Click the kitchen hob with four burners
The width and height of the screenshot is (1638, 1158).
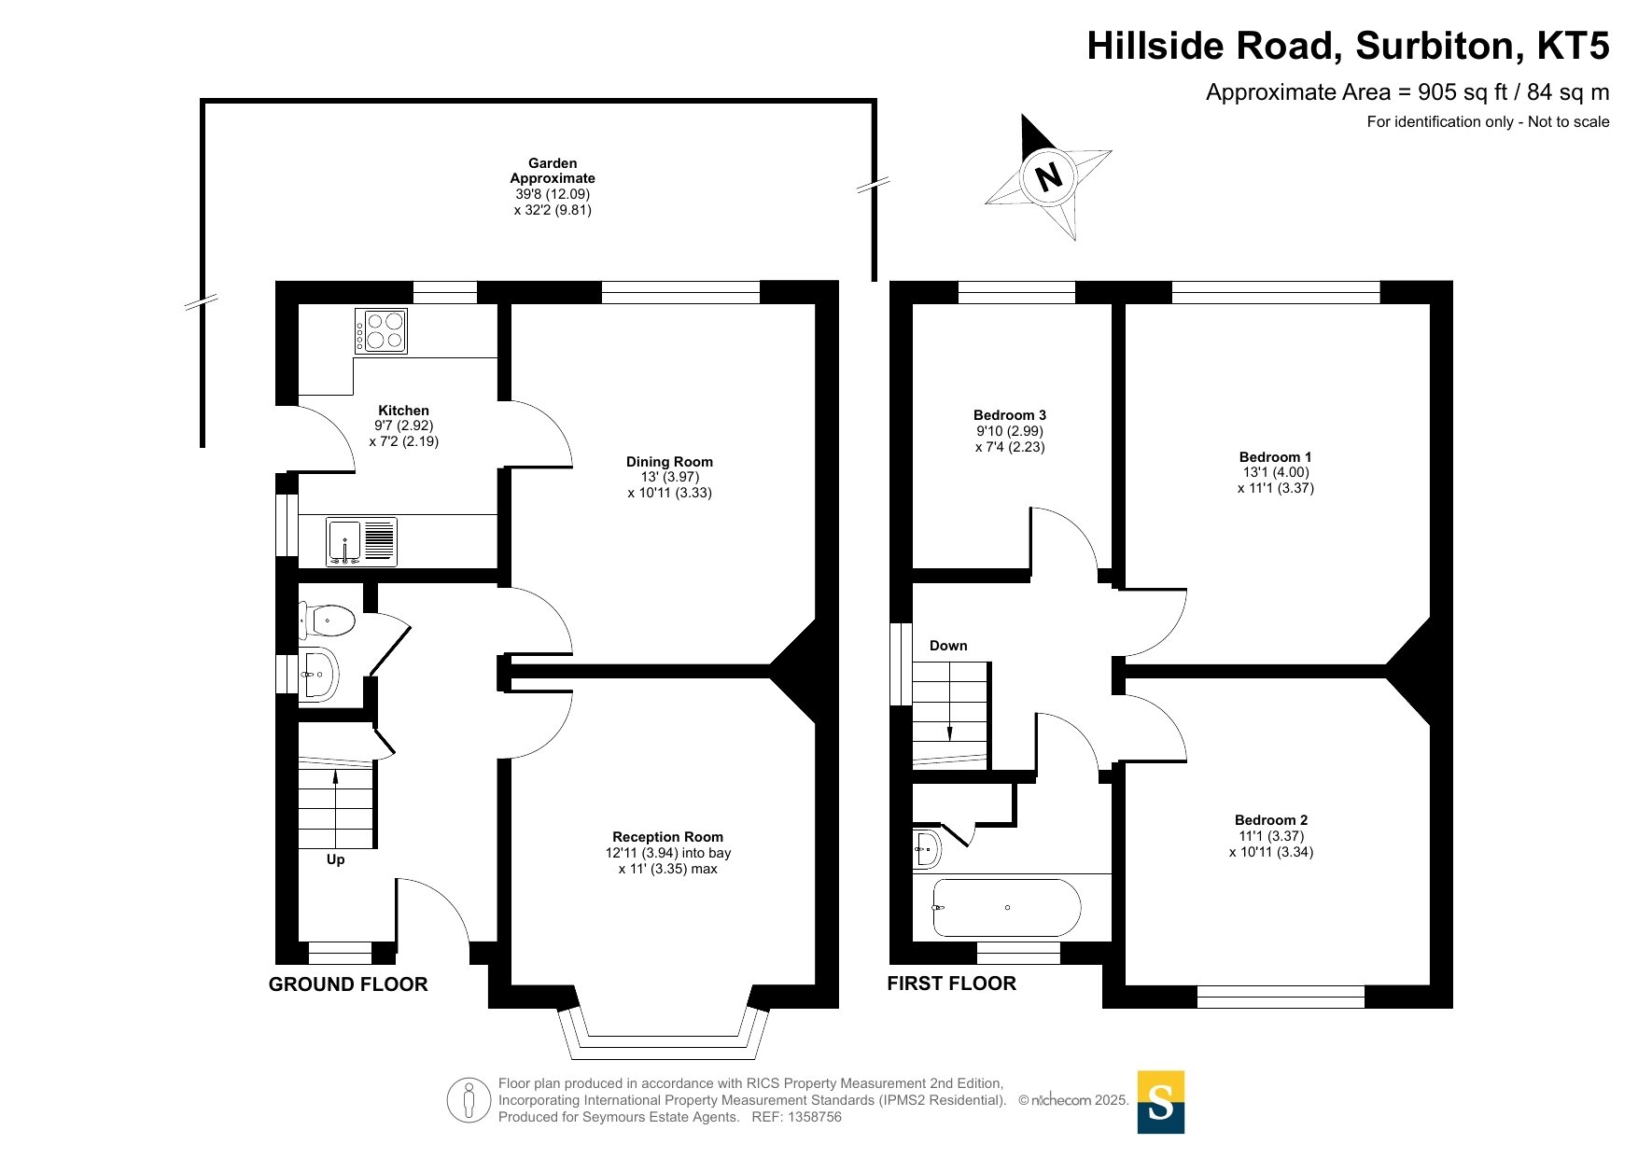381,330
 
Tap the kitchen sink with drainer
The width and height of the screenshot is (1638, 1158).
361,542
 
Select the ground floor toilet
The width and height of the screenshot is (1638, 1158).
327,619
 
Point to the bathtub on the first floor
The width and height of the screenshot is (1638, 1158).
1006,907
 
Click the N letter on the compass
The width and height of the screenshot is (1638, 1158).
1049,176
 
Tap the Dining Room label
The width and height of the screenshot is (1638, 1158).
669,461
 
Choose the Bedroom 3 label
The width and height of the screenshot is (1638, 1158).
1010,415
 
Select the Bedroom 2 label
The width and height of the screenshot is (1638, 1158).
1271,820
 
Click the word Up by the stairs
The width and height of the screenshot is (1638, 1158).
335,859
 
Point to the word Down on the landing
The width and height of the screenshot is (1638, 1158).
948,646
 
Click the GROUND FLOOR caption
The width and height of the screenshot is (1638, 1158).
348,984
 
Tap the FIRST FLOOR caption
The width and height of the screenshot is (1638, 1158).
952,984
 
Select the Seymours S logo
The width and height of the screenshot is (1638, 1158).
1161,1102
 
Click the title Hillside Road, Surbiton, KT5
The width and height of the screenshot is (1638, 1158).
1348,46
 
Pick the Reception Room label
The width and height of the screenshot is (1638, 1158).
667,837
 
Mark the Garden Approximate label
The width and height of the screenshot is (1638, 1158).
553,171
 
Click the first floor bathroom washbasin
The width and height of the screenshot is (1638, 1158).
927,847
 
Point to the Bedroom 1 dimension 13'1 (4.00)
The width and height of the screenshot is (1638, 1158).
1276,472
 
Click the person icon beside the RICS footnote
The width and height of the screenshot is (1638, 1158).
469,1100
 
